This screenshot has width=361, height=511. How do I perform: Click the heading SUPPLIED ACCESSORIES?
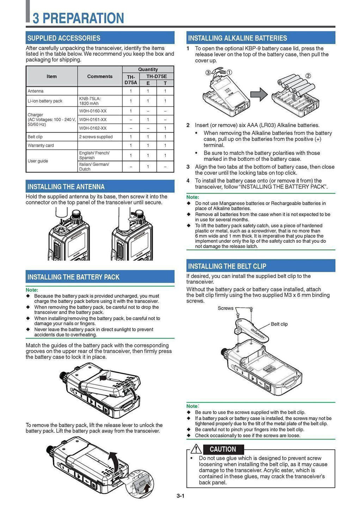click(64, 38)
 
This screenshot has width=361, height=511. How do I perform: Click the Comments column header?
click(100, 77)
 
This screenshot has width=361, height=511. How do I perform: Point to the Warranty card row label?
click(41, 145)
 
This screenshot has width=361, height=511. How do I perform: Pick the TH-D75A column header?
click(131, 80)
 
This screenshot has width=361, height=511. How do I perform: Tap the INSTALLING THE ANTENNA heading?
click(66, 187)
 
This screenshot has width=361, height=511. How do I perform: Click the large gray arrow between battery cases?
click(259, 95)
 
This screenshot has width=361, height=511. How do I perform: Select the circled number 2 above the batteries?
click(308, 76)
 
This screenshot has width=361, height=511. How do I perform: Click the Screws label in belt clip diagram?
click(225, 308)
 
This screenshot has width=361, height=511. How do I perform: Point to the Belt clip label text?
click(279, 324)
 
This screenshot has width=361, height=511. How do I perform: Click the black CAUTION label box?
click(223, 449)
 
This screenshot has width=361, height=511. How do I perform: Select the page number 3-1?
click(180, 496)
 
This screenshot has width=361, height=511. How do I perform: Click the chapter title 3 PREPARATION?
click(78, 18)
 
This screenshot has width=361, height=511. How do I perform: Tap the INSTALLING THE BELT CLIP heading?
click(227, 266)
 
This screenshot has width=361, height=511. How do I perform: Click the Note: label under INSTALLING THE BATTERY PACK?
click(32, 290)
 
